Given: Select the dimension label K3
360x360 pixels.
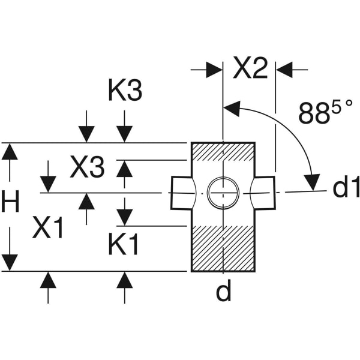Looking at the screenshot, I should coord(125,92).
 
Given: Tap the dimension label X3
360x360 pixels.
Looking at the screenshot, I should coord(87,169).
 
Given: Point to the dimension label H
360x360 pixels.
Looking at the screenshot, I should coord(10,203).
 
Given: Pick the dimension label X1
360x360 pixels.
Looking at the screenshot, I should coord(48,228).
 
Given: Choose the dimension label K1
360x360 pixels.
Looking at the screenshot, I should coord(124,245).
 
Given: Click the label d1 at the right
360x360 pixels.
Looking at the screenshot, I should coord(345,188).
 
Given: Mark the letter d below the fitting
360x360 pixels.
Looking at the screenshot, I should coord(223,292).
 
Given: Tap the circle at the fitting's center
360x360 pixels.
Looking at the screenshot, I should coord(223,193).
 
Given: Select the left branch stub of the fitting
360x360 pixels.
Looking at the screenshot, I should coord(182,193).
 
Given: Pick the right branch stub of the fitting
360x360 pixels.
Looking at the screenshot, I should coord(264,193).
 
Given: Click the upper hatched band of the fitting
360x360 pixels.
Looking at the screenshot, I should coord(223,152).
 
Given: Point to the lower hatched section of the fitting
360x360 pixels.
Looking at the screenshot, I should coord(223,248).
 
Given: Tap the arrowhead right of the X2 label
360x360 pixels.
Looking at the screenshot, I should coord(284,70).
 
